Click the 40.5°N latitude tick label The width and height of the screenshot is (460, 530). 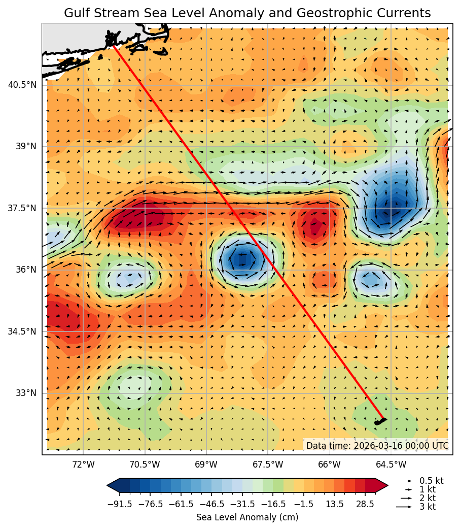22,85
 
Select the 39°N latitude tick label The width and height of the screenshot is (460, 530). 25,147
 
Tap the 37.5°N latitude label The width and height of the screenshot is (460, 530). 22,208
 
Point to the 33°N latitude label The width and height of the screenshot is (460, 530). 25,393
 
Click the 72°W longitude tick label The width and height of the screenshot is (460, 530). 83,465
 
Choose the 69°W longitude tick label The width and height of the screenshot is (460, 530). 206,465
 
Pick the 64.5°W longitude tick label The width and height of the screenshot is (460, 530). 391,465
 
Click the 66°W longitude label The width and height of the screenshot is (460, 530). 329,465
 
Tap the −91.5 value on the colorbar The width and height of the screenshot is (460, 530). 120,504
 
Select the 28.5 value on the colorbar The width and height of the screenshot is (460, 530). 365,504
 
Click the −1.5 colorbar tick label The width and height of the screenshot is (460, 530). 304,504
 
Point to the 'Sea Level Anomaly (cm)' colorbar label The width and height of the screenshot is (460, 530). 247,517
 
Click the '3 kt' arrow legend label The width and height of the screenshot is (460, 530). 427,507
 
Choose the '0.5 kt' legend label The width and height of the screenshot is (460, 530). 431,481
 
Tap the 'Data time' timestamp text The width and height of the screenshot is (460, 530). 377,446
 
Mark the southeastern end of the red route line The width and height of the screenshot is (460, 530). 384,419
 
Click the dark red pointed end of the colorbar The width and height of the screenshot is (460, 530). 382,485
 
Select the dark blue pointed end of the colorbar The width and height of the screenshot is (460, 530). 113,485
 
